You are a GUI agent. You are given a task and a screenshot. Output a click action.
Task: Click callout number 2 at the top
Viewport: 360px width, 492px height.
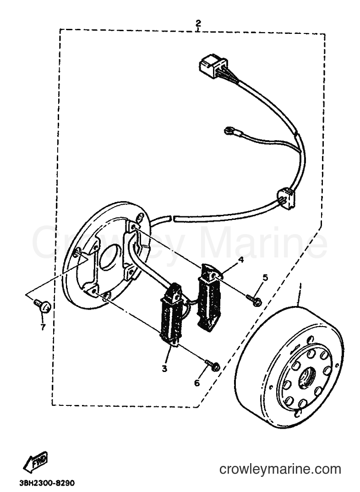(x=198, y=23)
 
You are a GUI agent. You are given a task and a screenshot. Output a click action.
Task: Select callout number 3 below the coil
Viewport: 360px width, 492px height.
(x=164, y=369)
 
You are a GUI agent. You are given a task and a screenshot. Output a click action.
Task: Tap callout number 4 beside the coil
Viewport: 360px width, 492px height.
(x=241, y=260)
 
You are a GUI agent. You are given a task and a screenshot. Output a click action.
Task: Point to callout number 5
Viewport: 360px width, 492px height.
(x=265, y=277)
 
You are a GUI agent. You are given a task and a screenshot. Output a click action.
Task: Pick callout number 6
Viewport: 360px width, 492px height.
(x=196, y=383)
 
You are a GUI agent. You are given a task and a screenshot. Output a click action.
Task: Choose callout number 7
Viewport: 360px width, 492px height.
(x=43, y=327)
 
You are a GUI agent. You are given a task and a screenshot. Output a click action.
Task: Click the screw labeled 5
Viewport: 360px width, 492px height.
(x=254, y=300)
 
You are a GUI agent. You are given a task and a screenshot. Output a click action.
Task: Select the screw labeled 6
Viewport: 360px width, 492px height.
(x=213, y=365)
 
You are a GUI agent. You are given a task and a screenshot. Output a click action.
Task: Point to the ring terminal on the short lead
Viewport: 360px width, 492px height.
(x=228, y=130)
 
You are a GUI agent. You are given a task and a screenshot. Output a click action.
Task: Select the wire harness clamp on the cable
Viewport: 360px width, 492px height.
(x=286, y=198)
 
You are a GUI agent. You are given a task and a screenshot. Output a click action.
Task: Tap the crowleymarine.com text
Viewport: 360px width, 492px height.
(x=280, y=469)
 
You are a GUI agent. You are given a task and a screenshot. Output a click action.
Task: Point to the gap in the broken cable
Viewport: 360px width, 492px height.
(x=172, y=217)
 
